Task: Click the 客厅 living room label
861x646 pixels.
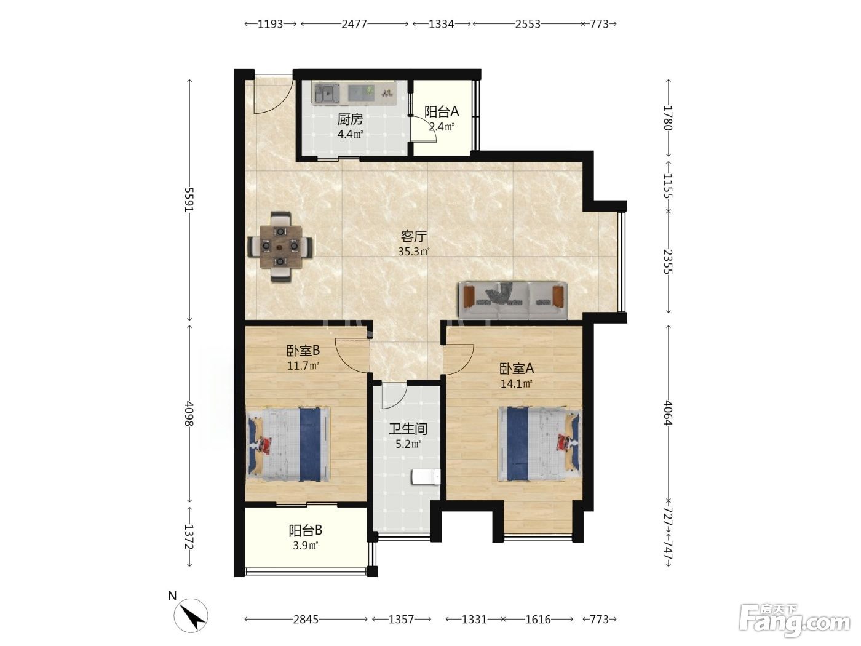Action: point(413,236)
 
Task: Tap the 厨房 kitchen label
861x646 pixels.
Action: point(350,119)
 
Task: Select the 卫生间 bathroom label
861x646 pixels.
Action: point(408,429)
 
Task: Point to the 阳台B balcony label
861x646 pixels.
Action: point(306,530)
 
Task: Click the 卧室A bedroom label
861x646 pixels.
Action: point(516,369)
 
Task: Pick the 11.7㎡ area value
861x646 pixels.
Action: point(303,366)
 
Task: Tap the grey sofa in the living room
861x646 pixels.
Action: point(514,300)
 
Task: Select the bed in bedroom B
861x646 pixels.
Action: point(288,444)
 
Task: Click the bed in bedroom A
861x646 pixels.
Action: point(539,444)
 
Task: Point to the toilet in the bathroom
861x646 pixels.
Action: point(426,477)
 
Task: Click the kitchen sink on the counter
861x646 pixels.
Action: point(327,94)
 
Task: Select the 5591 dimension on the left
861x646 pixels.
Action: point(189,200)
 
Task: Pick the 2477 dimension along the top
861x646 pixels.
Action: point(354,24)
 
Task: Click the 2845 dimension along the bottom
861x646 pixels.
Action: point(306,620)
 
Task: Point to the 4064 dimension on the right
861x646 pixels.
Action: point(668,413)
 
